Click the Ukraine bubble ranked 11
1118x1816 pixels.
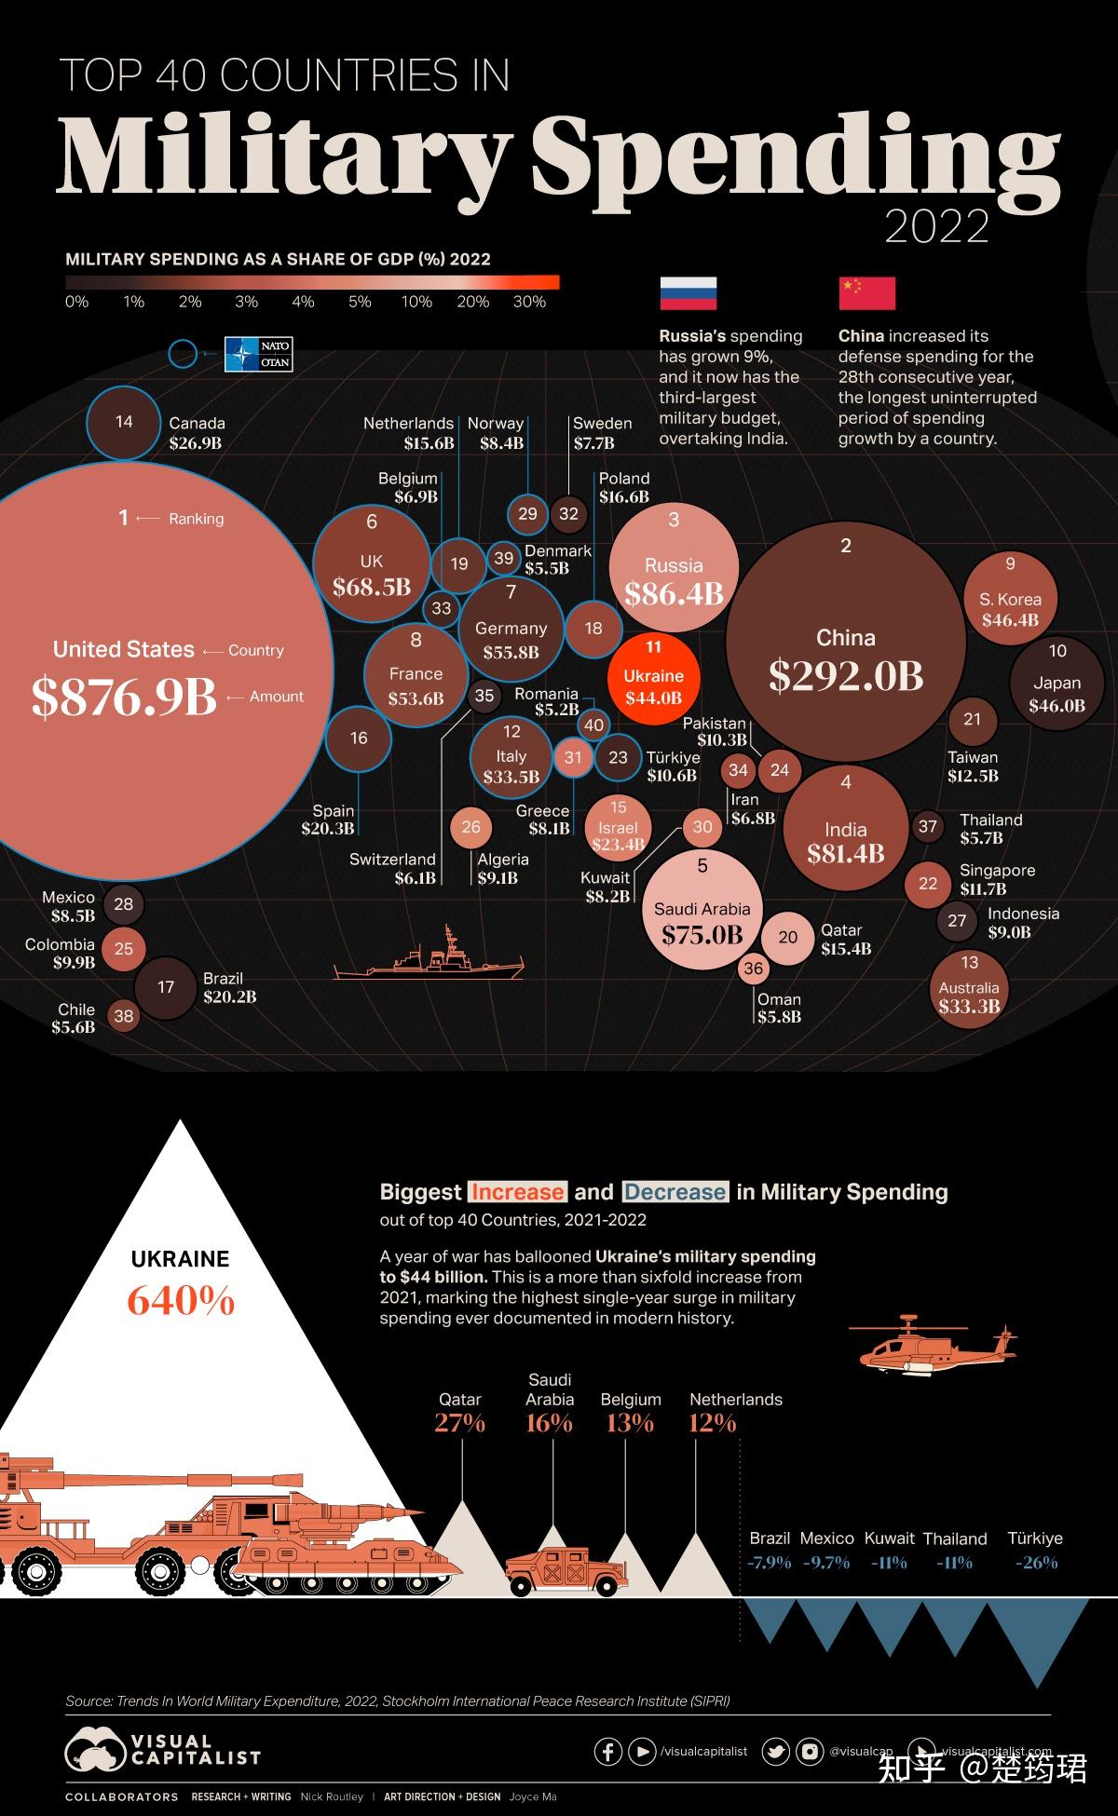[653, 679]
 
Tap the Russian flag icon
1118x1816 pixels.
[688, 292]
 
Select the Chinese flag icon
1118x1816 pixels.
[866, 292]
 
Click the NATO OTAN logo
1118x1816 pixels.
[259, 354]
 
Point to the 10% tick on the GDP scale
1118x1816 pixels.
[416, 302]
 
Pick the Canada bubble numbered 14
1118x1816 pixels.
[124, 422]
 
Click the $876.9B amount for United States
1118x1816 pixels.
[124, 697]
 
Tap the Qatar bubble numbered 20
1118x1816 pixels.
[788, 937]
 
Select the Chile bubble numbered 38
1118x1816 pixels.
[124, 1016]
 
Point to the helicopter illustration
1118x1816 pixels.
[932, 1347]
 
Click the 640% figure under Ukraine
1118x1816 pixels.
[181, 1300]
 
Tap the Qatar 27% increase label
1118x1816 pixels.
[459, 1423]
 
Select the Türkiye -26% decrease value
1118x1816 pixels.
[1036, 1563]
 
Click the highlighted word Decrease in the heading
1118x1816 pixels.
[675, 1192]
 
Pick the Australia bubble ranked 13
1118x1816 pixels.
[969, 989]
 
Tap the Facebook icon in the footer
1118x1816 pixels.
[607, 1751]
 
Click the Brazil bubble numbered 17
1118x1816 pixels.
[166, 987]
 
